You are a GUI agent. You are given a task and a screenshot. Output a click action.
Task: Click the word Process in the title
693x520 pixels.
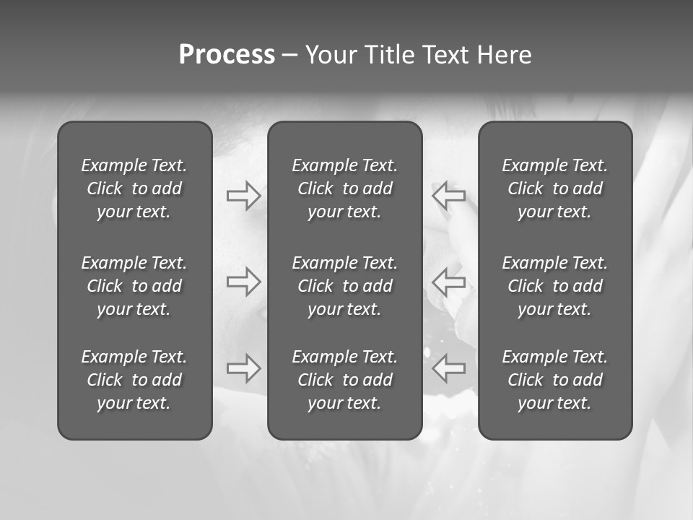[x=227, y=55]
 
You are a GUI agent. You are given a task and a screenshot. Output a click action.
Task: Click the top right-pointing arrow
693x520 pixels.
[x=243, y=196]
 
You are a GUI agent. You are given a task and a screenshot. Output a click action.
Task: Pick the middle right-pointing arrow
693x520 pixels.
[x=243, y=281]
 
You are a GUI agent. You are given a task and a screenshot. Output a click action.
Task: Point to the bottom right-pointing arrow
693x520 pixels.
[x=243, y=368]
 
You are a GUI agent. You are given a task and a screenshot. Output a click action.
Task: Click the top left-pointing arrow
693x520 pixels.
[x=448, y=196]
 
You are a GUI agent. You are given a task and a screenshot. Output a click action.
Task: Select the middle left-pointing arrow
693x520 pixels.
[x=448, y=281]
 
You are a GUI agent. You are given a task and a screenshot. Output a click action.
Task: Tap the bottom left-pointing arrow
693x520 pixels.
[x=448, y=368]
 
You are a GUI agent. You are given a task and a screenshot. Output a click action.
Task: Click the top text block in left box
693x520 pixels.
[x=134, y=188]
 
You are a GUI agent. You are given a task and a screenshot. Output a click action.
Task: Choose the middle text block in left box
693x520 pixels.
[x=134, y=286]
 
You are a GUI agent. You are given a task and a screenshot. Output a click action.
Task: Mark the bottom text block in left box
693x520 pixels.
[x=134, y=380]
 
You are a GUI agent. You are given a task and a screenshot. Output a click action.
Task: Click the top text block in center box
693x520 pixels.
[x=344, y=188]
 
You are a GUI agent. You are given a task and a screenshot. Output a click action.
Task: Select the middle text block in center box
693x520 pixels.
[x=344, y=286]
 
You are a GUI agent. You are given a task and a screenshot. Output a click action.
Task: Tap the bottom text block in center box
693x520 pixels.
[x=344, y=380]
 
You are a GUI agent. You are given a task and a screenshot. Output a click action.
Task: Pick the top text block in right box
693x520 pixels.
[x=554, y=188]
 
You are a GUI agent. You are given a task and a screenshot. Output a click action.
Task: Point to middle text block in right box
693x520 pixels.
[x=554, y=286]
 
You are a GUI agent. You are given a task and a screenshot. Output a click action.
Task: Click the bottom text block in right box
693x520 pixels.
[x=554, y=380]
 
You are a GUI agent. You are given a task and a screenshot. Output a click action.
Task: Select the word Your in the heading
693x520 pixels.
[x=329, y=55]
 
